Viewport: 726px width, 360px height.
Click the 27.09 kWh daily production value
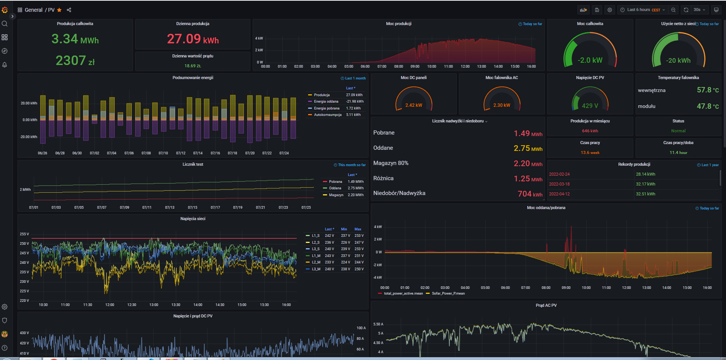pos(193,39)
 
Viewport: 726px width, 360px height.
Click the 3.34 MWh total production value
pos(75,39)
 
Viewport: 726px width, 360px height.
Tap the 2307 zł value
pos(75,60)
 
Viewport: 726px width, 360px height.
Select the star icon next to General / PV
pos(59,10)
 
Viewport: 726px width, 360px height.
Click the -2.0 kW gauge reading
pos(590,60)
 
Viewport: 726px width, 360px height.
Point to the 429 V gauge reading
pos(590,106)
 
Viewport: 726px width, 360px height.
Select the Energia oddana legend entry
pos(326,101)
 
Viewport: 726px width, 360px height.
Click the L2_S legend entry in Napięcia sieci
pos(315,242)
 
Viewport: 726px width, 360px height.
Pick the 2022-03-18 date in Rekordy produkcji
pos(559,184)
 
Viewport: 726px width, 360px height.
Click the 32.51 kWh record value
pos(645,194)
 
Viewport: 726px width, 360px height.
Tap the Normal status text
pos(678,131)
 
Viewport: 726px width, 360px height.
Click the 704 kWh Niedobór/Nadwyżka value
pos(530,194)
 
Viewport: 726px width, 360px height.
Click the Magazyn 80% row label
pos(391,163)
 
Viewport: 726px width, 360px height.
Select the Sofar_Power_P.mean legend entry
pos(448,293)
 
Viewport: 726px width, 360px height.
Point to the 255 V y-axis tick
pos(24,234)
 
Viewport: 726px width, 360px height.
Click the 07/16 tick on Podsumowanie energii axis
pos(215,153)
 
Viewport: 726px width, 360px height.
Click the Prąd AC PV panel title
pos(546,305)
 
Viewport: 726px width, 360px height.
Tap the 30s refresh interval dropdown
pos(699,10)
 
